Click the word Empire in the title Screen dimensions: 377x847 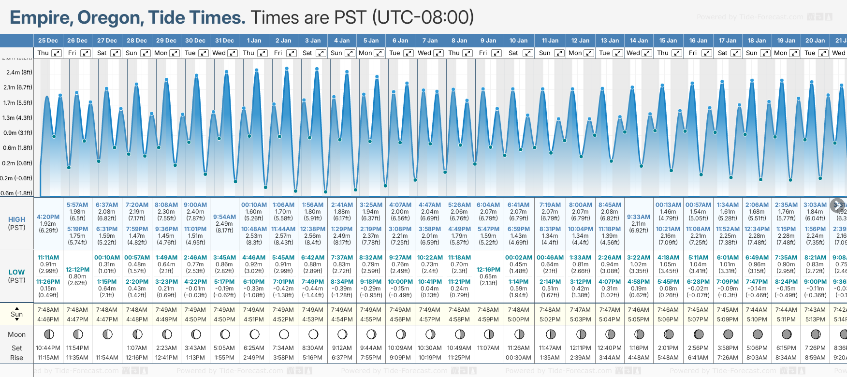pos(40,18)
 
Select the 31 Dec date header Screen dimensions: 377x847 pos(224,41)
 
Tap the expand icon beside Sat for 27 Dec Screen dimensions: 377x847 pos(115,53)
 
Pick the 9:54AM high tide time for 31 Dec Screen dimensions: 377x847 pos(224,217)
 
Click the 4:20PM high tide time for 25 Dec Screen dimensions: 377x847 pos(48,217)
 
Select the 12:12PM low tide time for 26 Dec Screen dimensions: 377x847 pos(77,270)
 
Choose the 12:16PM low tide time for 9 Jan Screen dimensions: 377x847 pos(488,270)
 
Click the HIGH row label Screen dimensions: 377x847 pos(17,219)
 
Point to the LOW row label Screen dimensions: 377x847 pos(17,272)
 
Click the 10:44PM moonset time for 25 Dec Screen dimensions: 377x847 pos(48,348)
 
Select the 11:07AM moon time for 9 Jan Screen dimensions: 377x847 pos(488,348)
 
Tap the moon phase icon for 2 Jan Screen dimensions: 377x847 pos(284,334)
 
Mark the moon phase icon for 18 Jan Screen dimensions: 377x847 pos(757,334)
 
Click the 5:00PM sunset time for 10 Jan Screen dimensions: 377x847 pos(518,319)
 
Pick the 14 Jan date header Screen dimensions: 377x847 pos(639,41)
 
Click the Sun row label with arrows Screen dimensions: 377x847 pos(17,314)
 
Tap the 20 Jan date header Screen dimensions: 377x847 pos(815,41)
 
